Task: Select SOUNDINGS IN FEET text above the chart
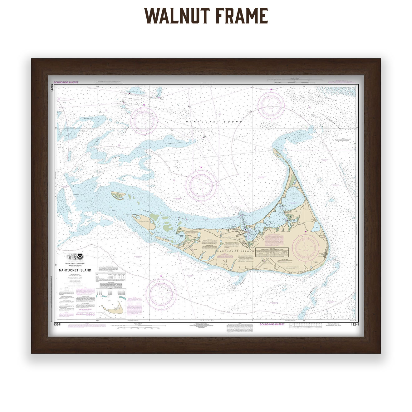pyautogui.click(x=66, y=82)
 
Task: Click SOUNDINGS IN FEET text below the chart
pyautogui.click(x=272, y=324)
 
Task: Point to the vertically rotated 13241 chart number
pyautogui.click(x=51, y=88)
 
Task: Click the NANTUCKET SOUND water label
pyautogui.click(x=214, y=121)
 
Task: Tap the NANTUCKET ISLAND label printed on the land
pyautogui.click(x=235, y=251)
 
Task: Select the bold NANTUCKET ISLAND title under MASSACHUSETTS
pyautogui.click(x=75, y=270)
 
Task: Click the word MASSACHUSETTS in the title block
pyautogui.click(x=75, y=266)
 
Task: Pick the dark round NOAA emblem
pyautogui.click(x=81, y=257)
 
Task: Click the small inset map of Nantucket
pyautogui.click(x=111, y=307)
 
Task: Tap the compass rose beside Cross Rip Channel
pyautogui.click(x=144, y=120)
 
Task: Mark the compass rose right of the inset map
pyautogui.click(x=161, y=293)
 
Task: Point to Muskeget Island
pyautogui.click(x=118, y=196)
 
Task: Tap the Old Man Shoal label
pyautogui.click(x=313, y=291)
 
